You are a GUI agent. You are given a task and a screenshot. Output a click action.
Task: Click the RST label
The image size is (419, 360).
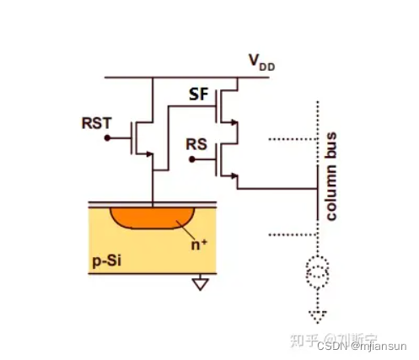click(95, 121)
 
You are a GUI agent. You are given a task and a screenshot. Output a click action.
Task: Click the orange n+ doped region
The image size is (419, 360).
click(152, 218)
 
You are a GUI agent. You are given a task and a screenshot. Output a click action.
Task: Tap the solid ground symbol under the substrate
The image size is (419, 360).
click(201, 284)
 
